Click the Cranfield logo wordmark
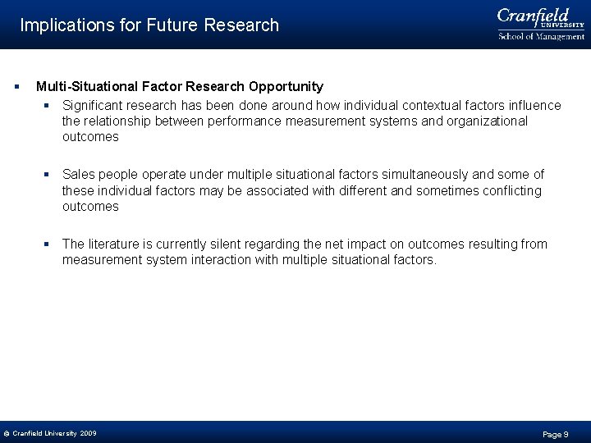[534, 16]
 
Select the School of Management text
[541, 36]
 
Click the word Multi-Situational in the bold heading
[85, 86]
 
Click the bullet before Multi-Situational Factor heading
[16, 86]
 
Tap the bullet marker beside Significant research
[48, 106]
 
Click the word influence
[535, 105]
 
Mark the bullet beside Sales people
[48, 175]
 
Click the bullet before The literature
[48, 244]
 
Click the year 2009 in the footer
[88, 433]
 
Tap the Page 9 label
[556, 434]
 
